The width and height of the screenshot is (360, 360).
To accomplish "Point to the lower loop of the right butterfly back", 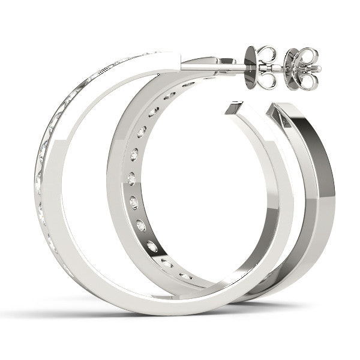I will [306, 80].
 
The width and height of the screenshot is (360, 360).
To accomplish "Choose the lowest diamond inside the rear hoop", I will [186, 276].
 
